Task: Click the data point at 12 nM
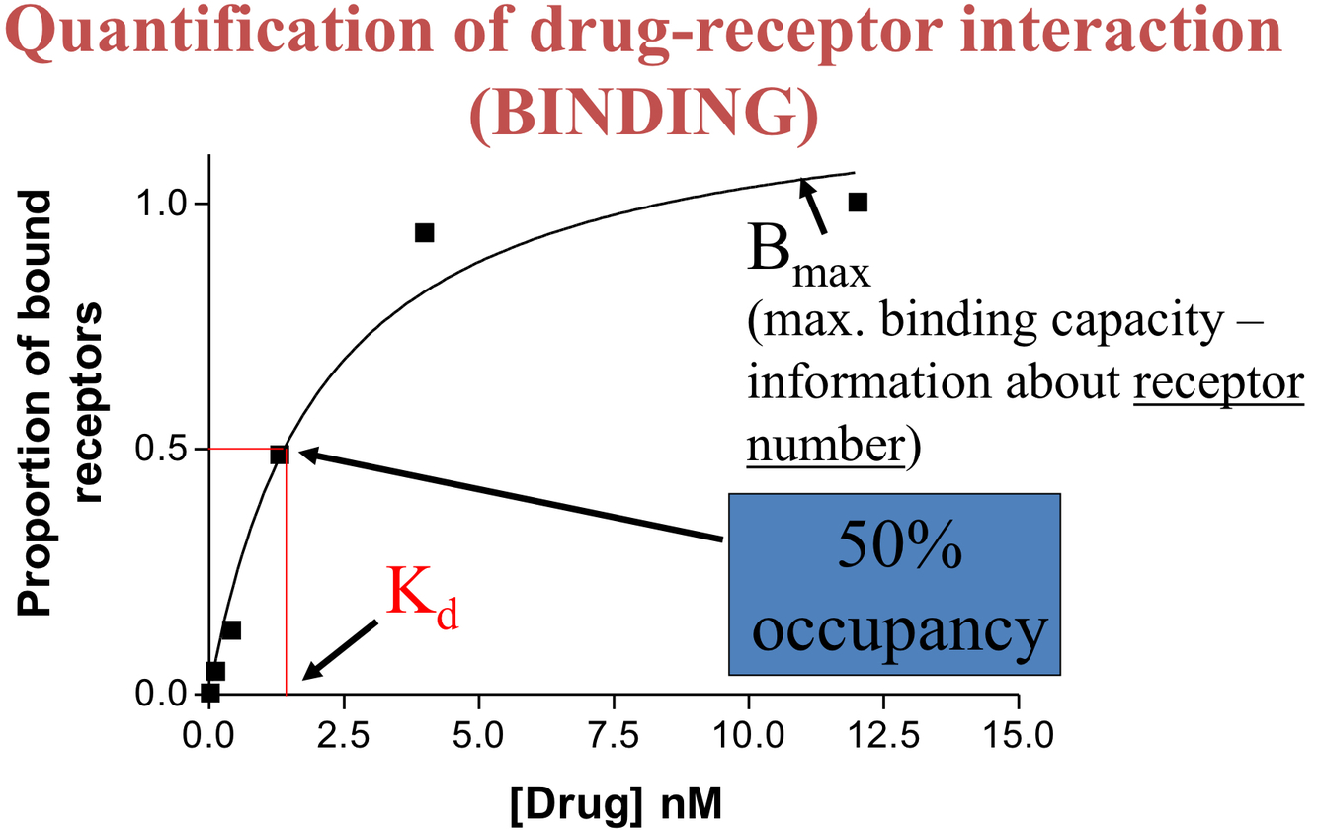coord(858,202)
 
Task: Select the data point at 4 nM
coord(425,233)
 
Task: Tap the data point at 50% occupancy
coord(279,455)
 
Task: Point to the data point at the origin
coord(209,693)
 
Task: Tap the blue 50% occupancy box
coord(895,585)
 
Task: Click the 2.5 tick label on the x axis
coord(344,737)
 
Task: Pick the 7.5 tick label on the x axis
coord(614,737)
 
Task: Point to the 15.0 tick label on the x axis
coord(1018,737)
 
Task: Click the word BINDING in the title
coord(643,115)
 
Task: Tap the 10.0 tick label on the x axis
coord(748,737)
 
